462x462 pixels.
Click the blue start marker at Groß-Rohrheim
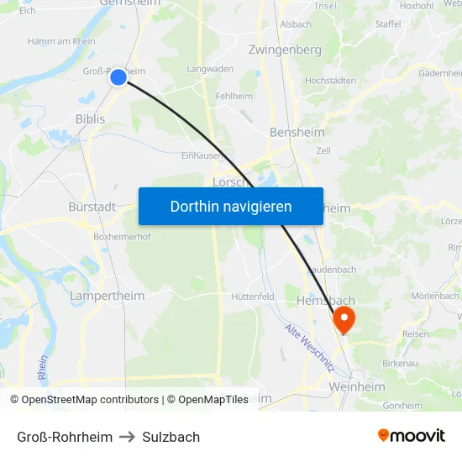point(118,77)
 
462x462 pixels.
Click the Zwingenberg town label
point(285,50)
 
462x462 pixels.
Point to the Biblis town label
point(91,119)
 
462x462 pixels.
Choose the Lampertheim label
point(95,296)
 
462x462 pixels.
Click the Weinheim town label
point(358,386)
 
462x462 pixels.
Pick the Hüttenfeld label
point(253,297)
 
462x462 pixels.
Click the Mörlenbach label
point(435,296)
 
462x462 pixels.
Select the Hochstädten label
point(330,81)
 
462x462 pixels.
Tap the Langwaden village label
point(210,69)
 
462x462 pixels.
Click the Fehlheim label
point(234,97)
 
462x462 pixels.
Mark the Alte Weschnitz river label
point(309,349)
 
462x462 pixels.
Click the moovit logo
point(412,435)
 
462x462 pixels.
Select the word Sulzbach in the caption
point(171,437)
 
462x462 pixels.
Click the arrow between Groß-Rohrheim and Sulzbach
point(128,437)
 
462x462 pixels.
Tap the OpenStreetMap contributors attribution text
point(90,400)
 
